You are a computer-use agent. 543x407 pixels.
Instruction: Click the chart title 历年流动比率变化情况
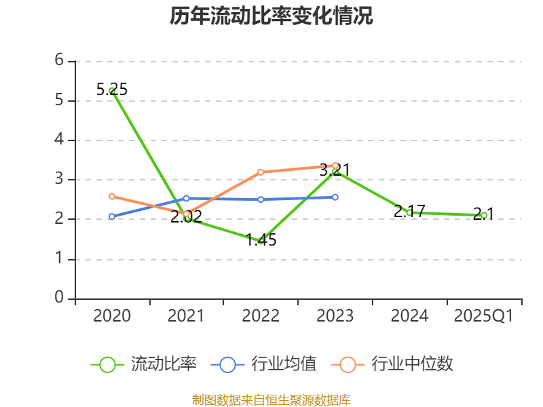[271, 16]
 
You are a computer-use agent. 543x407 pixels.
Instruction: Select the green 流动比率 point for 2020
[112, 90]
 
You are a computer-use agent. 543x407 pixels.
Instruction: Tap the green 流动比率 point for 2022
[261, 241]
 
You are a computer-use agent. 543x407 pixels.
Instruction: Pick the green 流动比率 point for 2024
[409, 212]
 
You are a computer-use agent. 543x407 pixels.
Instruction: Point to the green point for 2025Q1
[484, 215]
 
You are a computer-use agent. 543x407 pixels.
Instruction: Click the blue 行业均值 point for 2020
[112, 216]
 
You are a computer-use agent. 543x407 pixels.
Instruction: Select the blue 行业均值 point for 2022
[261, 199]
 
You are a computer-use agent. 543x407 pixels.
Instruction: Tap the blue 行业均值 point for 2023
[335, 197]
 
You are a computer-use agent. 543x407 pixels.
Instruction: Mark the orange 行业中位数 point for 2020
[112, 197]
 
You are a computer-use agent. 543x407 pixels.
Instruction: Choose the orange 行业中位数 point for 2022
[261, 172]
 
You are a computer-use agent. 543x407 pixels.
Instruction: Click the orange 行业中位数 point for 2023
[335, 166]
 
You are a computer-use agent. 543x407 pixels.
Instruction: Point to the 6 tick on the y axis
[59, 60]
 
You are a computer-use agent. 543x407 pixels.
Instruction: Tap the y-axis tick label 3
[59, 179]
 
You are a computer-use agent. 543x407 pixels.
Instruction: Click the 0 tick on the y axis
[59, 298]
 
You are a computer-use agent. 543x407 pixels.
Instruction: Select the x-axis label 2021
[186, 316]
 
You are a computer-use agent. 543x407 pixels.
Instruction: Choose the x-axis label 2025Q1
[484, 316]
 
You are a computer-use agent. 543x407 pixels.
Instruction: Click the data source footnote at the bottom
[271, 400]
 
